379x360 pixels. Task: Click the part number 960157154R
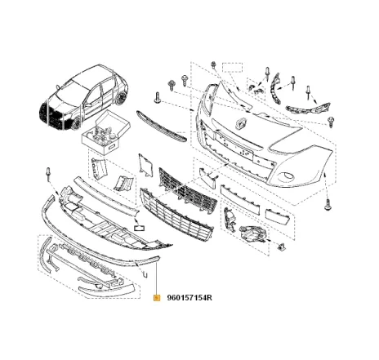pyautogui.click(x=189, y=298)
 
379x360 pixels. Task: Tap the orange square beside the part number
pyautogui.click(x=157, y=298)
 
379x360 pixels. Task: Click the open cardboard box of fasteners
pyautogui.click(x=106, y=132)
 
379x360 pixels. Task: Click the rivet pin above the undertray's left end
pyautogui.click(x=48, y=174)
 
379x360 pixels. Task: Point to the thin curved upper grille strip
pyautogui.click(x=162, y=126)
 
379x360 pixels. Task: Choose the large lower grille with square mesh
pyautogui.click(x=176, y=214)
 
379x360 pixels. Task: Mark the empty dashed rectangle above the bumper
pyautogui.click(x=232, y=67)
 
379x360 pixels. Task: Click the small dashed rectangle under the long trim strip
pyautogui.click(x=140, y=228)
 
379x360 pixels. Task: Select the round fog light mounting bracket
pyautogui.click(x=252, y=234)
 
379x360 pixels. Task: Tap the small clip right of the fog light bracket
pyautogui.click(x=281, y=247)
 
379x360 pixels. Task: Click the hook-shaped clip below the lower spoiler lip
pyautogui.click(x=145, y=273)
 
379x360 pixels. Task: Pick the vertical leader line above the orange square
pyautogui.click(x=157, y=278)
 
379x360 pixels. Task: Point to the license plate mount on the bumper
pyautogui.click(x=235, y=144)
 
